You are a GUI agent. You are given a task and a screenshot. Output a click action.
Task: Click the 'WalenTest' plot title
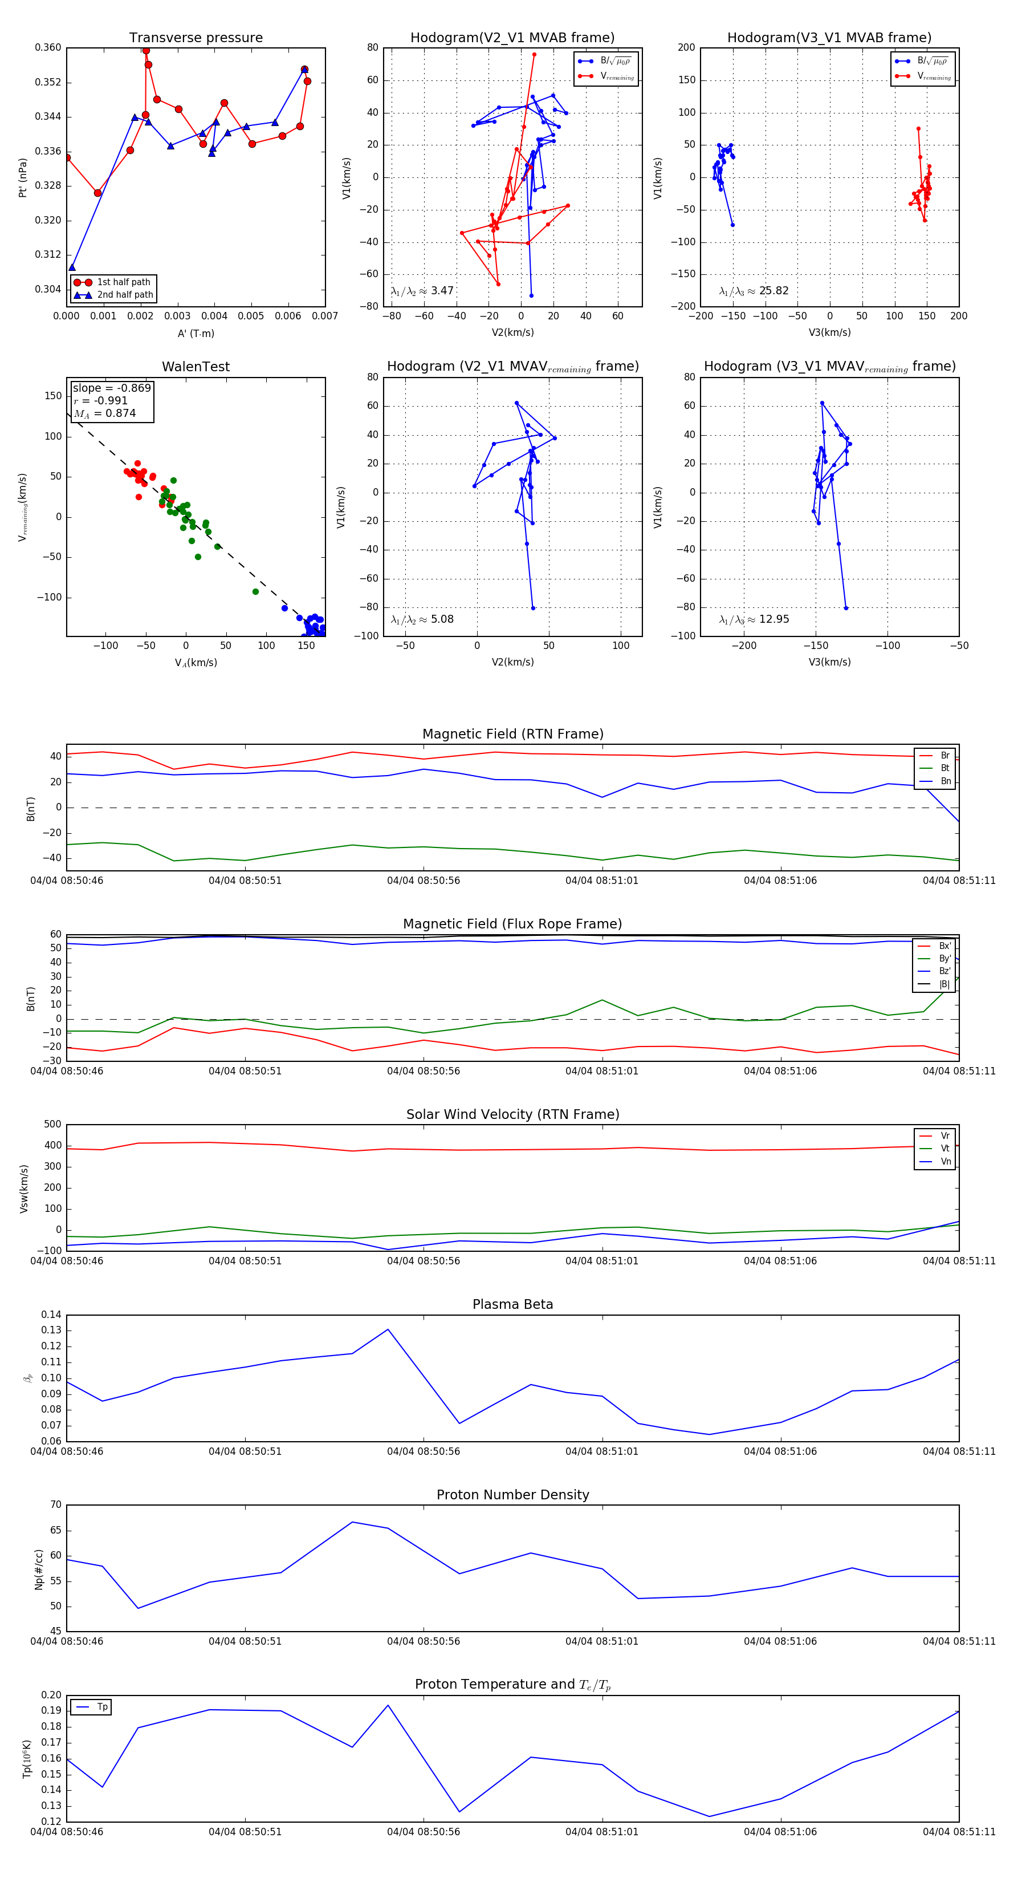(196, 367)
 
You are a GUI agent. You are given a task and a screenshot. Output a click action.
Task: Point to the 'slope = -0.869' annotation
(112, 388)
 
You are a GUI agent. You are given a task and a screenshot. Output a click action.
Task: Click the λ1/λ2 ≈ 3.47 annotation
(422, 291)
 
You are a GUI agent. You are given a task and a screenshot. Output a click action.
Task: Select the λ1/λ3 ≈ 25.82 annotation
(754, 291)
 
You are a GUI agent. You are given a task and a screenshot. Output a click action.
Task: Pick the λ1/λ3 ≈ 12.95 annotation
(754, 619)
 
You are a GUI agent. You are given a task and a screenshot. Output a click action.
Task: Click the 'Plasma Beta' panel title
(512, 1304)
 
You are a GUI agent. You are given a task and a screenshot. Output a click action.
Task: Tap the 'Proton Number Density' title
(512, 1495)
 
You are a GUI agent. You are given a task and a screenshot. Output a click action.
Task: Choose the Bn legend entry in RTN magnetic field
(945, 781)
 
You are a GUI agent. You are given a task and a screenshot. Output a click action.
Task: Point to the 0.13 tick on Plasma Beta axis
(51, 1331)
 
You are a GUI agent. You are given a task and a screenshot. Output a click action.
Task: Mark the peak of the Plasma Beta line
(388, 1329)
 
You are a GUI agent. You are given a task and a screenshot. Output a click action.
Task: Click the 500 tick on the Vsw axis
(52, 1125)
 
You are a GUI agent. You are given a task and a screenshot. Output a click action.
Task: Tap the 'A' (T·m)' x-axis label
(196, 334)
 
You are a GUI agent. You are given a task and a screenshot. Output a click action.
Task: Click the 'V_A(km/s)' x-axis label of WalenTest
(196, 663)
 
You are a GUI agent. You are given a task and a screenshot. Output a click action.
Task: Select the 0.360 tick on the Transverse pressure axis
(48, 47)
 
